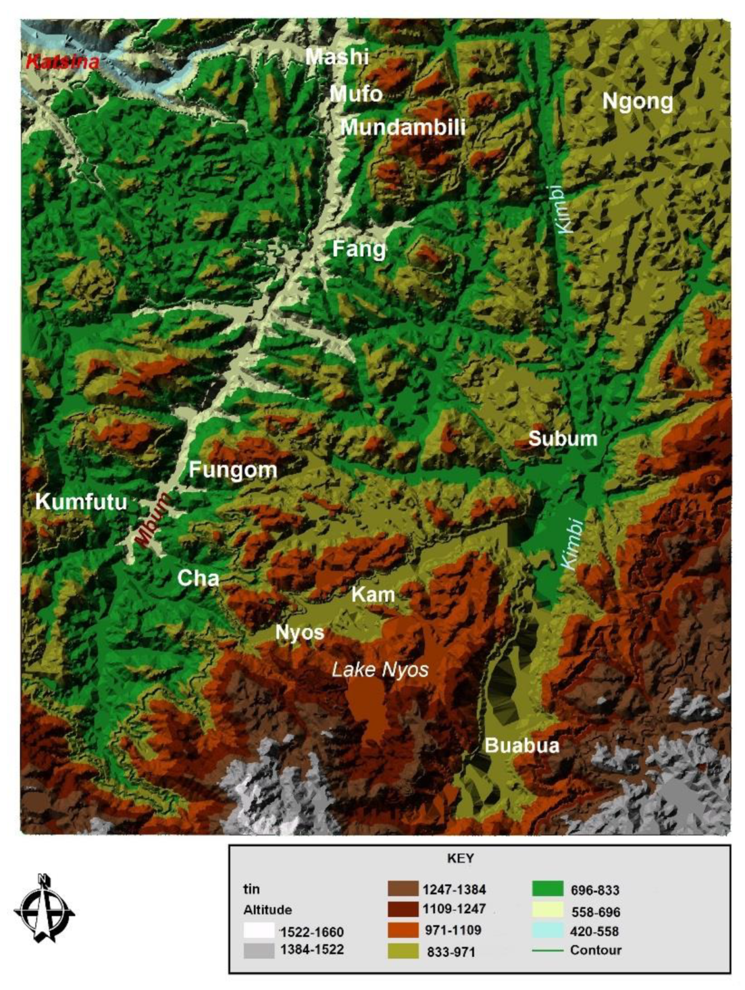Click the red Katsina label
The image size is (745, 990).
(x=62, y=62)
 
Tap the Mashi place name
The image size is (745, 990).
(x=337, y=57)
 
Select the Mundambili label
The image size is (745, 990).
(x=403, y=127)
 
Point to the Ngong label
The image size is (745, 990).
(x=637, y=101)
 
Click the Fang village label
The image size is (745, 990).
(x=359, y=249)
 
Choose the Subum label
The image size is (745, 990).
(x=563, y=439)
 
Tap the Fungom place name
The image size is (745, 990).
(x=232, y=470)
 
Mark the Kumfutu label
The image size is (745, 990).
(x=81, y=502)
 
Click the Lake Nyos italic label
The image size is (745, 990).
(x=380, y=670)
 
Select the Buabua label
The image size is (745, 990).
(x=522, y=746)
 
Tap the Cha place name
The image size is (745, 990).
(x=198, y=578)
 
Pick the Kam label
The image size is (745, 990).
(x=373, y=595)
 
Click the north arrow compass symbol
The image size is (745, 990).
(x=44, y=910)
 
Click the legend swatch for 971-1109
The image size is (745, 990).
(x=403, y=930)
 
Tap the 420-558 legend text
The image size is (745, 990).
(x=595, y=931)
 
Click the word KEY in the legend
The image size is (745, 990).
(x=460, y=859)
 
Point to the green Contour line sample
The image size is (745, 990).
(x=547, y=951)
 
